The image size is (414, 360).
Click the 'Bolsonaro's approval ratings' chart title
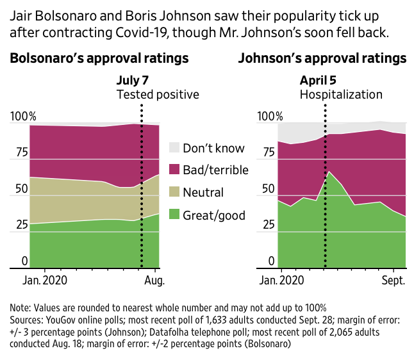(x=99, y=58)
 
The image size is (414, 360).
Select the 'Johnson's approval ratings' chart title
(x=322, y=58)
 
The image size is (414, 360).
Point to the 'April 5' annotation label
(x=318, y=80)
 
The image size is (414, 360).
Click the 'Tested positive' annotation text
(x=158, y=95)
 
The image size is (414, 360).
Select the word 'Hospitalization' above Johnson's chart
(x=341, y=95)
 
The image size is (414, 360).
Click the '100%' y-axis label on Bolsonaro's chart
(x=23, y=117)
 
